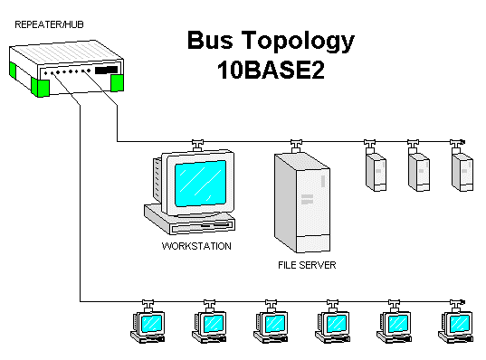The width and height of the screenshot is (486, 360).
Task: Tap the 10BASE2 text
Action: coord(270,71)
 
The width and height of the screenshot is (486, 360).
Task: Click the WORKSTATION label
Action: coord(196,246)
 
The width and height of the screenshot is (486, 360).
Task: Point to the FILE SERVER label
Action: coord(307,267)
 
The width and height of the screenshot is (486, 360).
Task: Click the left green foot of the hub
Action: coord(41,87)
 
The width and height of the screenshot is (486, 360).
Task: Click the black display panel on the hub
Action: coord(106,70)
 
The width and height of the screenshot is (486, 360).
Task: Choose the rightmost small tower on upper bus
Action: coord(462,170)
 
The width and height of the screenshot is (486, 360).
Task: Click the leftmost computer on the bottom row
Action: coord(148,326)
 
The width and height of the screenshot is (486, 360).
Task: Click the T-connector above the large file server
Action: coord(294,143)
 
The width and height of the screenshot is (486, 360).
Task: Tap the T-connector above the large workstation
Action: coord(196,143)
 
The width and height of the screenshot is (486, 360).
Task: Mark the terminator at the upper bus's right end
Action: coord(462,141)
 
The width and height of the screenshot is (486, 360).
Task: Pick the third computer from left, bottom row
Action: coord(271,326)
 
